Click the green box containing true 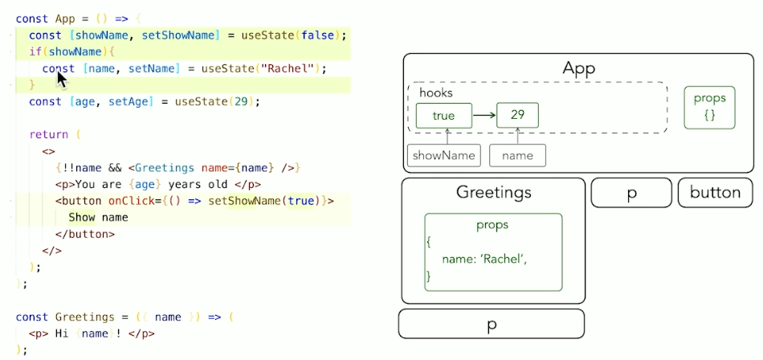pyautogui.click(x=443, y=116)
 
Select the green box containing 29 pyautogui.click(x=517, y=116)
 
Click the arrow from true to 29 pyautogui.click(x=484, y=116)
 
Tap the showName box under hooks pyautogui.click(x=443, y=155)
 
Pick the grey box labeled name pyautogui.click(x=517, y=155)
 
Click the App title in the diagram pyautogui.click(x=578, y=68)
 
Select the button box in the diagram pyautogui.click(x=715, y=192)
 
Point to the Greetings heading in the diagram pyautogui.click(x=493, y=192)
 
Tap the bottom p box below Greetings pyautogui.click(x=491, y=324)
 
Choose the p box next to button pyautogui.click(x=631, y=193)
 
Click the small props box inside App pyautogui.click(x=709, y=107)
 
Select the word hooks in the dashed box pyautogui.click(x=436, y=93)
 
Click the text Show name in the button pyautogui.click(x=98, y=217)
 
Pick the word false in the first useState pyautogui.click(x=317, y=35)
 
